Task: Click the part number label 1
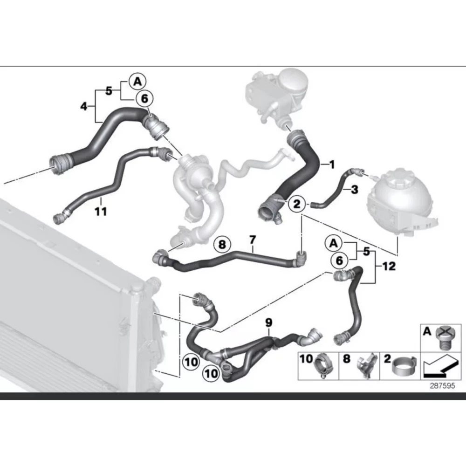point(332,164)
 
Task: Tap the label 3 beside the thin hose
point(354,190)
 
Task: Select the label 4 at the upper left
point(84,106)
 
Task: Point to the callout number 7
point(252,240)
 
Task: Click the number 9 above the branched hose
point(268,322)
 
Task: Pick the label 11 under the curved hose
point(101,212)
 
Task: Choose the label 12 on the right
point(389,266)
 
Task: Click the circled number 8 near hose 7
point(222,244)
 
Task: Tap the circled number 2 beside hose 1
point(297,204)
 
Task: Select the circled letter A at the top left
point(137,82)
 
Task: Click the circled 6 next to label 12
point(339,260)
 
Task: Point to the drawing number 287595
point(442,386)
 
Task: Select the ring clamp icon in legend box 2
point(404,367)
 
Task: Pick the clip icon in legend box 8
point(367,366)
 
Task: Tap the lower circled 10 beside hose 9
point(211,373)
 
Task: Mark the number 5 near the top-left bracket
point(109,91)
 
